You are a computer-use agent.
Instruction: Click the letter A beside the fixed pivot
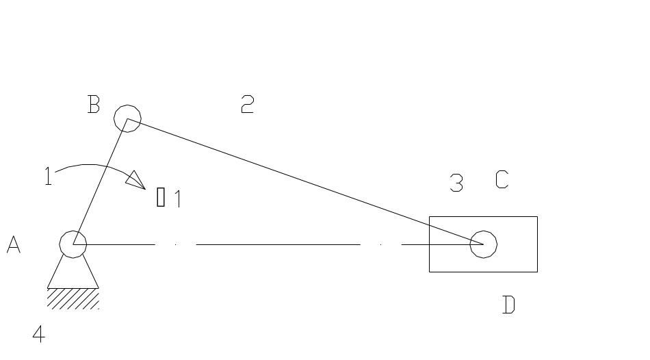pyautogui.click(x=13, y=245)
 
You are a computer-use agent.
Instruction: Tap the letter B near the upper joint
pyautogui.click(x=94, y=105)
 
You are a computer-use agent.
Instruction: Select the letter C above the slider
pyautogui.click(x=502, y=180)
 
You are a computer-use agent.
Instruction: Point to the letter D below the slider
pyautogui.click(x=508, y=305)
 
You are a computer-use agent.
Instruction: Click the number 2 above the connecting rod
pyautogui.click(x=247, y=105)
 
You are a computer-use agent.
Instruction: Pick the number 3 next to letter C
pyautogui.click(x=456, y=183)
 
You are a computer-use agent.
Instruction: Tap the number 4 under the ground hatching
pyautogui.click(x=39, y=334)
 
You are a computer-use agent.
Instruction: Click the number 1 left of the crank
pyautogui.click(x=48, y=177)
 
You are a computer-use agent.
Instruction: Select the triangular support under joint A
pyautogui.click(x=73, y=274)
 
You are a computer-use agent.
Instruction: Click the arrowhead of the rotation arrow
pyautogui.click(x=135, y=180)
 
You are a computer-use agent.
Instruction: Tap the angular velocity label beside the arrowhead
pyautogui.click(x=168, y=198)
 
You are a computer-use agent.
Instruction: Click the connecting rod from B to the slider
pyautogui.click(x=301, y=180)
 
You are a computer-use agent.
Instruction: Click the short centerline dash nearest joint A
pyautogui.click(x=176, y=244)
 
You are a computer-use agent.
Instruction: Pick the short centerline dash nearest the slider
pyautogui.click(x=380, y=244)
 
